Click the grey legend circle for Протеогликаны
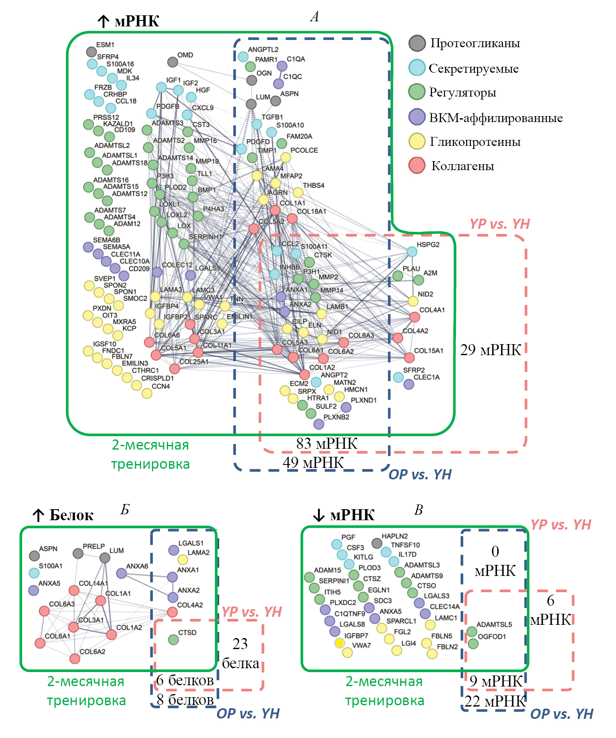(x=417, y=43)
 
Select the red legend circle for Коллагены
(x=417, y=165)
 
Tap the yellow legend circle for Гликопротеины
(x=417, y=141)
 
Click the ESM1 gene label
(x=105, y=45)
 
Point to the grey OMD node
(x=172, y=62)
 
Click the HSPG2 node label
(x=428, y=245)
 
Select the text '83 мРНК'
(x=327, y=443)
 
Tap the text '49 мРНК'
(x=313, y=462)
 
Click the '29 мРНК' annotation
(x=490, y=350)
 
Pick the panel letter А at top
(x=314, y=17)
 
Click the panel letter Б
(x=125, y=510)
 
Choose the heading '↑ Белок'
(x=63, y=515)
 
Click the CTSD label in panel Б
(x=187, y=633)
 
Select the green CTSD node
(x=173, y=639)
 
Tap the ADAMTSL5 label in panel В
(x=494, y=624)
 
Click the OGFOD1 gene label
(x=492, y=636)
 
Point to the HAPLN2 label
(x=395, y=536)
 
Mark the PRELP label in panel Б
(x=94, y=546)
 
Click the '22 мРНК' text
(x=495, y=701)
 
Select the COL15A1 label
(x=429, y=350)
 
